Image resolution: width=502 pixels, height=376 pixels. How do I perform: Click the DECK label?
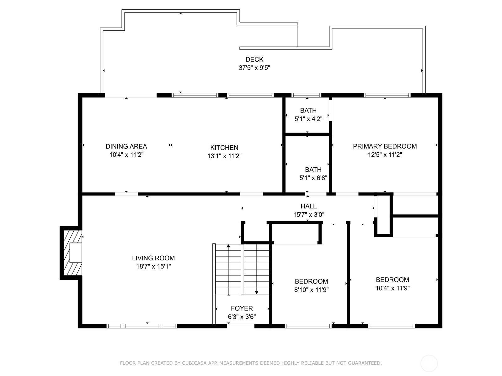pyautogui.click(x=254, y=59)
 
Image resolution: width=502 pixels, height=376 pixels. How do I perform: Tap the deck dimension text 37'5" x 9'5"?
pyautogui.click(x=254, y=68)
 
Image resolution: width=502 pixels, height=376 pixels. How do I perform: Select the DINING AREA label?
pyautogui.click(x=126, y=146)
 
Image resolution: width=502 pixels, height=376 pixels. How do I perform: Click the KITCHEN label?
pyautogui.click(x=224, y=148)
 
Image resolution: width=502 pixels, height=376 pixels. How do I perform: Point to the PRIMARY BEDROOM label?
pyautogui.click(x=385, y=146)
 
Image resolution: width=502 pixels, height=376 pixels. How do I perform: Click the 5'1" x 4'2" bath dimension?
pyautogui.click(x=308, y=119)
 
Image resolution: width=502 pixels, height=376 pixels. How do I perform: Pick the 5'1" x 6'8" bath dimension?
pyautogui.click(x=313, y=178)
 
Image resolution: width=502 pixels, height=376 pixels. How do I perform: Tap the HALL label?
pyautogui.click(x=308, y=206)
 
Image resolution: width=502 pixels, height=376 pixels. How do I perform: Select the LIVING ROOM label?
pyautogui.click(x=153, y=258)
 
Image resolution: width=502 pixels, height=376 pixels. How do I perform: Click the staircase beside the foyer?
pyautogui.click(x=242, y=269)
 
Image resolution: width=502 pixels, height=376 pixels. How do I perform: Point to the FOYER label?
pyautogui.click(x=242, y=308)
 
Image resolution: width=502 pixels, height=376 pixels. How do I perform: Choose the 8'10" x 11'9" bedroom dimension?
pyautogui.click(x=311, y=290)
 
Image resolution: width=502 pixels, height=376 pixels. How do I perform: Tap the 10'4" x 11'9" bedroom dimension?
pyautogui.click(x=393, y=288)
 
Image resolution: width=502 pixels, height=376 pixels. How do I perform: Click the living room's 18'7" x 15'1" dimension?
pyautogui.click(x=153, y=266)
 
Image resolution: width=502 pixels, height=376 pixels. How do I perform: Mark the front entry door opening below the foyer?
pyautogui.click(x=241, y=326)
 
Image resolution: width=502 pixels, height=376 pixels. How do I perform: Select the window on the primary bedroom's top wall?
pyautogui.click(x=387, y=95)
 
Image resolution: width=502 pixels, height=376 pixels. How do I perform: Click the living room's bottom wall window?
pyautogui.click(x=142, y=326)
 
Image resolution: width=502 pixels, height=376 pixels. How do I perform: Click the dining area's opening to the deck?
pyautogui.click(x=131, y=95)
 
